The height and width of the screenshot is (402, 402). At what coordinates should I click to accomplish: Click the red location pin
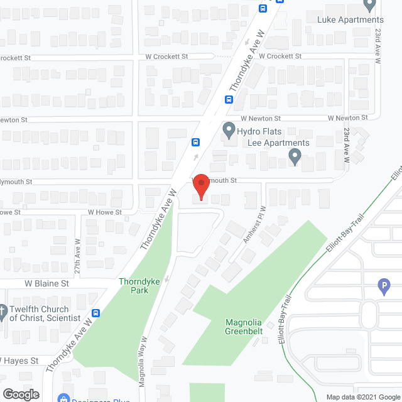coord(200,187)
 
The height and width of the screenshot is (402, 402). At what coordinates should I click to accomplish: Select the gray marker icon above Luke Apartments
coord(369,5)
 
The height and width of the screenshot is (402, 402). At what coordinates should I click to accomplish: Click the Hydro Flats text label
coord(259,132)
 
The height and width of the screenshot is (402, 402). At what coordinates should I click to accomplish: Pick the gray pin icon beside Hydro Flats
coord(229,131)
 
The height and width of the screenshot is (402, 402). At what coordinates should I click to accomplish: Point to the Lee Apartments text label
coord(279,143)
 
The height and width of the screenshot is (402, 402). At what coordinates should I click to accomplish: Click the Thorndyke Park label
coord(139,286)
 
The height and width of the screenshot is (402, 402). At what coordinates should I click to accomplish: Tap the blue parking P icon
coord(384,287)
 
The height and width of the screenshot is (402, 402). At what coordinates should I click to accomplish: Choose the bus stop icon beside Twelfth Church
coord(96,313)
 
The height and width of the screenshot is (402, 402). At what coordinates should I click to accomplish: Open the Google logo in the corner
coord(21,394)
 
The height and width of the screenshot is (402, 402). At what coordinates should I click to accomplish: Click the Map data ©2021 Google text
coord(362,397)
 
